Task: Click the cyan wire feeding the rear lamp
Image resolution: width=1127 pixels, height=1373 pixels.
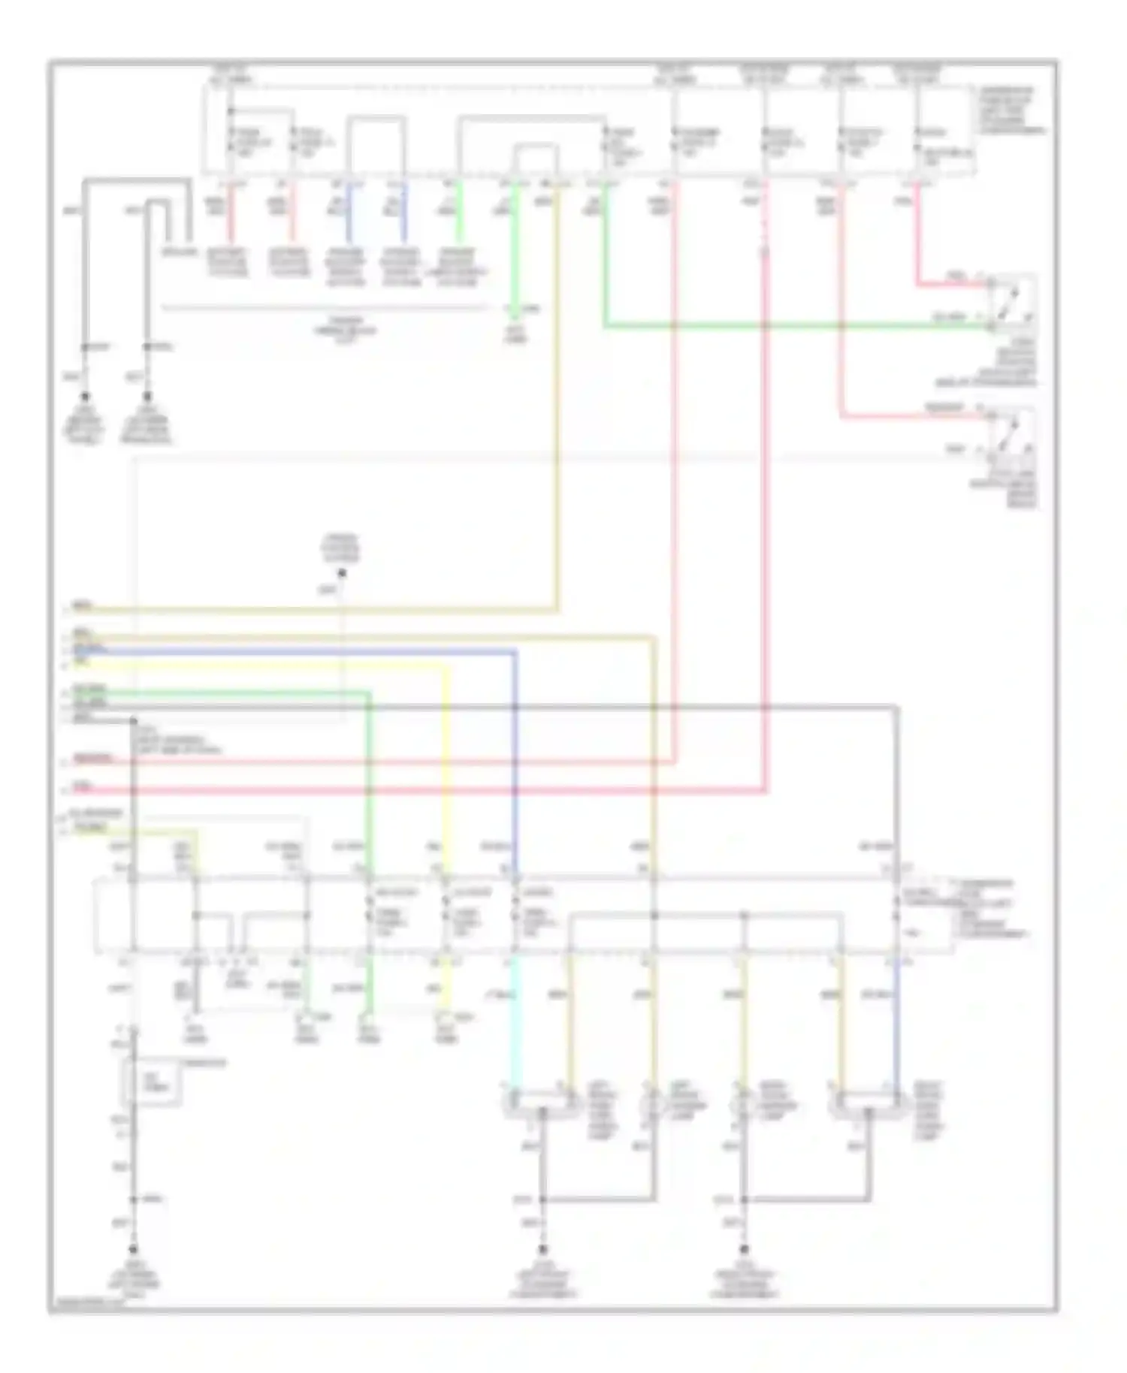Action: [x=514, y=1021]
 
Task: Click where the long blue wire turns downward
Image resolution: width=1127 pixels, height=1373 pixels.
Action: [x=515, y=651]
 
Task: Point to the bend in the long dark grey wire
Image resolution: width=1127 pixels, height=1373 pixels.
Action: [x=896, y=706]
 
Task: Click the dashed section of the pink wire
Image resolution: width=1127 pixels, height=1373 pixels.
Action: [x=765, y=225]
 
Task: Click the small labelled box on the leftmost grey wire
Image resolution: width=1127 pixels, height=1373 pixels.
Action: [x=153, y=1082]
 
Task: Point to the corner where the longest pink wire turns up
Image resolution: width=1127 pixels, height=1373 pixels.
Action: [x=765, y=790]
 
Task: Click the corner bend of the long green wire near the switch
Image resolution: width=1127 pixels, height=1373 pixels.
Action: [x=605, y=326]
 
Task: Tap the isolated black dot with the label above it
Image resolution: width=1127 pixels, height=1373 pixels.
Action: [x=342, y=574]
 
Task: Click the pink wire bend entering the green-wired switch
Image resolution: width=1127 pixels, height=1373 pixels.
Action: [x=917, y=285]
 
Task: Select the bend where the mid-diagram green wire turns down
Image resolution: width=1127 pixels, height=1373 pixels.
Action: [x=368, y=693]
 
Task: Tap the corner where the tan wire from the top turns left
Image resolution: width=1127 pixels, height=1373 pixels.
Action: [x=557, y=609]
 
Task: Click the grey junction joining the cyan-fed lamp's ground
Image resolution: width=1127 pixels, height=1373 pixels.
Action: [x=542, y=1199]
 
